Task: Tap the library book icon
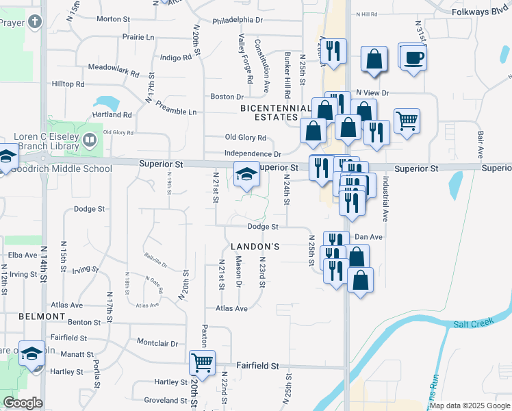click(89, 140)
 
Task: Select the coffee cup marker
click(413, 58)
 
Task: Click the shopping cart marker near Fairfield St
click(202, 362)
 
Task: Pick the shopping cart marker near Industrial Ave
click(407, 121)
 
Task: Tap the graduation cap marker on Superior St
click(247, 174)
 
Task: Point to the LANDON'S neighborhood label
click(254, 247)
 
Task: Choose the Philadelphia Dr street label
click(238, 21)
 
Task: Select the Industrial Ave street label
click(386, 199)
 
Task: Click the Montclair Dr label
click(157, 342)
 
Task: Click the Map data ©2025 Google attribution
click(470, 406)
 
